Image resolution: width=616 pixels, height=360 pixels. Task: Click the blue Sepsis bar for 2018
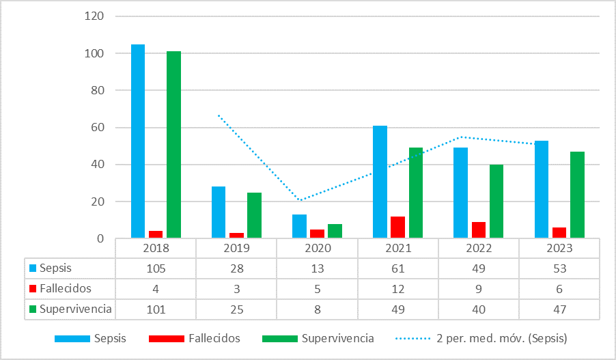[138, 141]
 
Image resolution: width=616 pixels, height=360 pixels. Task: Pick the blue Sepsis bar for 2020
[299, 226]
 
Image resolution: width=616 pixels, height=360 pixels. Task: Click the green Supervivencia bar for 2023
[577, 195]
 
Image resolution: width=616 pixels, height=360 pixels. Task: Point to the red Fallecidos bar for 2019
[236, 236]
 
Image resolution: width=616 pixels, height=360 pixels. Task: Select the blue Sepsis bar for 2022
[461, 193]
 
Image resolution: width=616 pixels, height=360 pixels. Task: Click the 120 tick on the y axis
[94, 16]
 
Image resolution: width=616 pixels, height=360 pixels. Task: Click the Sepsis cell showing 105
[156, 268]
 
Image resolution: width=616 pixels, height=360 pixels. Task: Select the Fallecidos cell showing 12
[398, 288]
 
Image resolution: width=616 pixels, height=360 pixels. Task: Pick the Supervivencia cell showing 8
[317, 309]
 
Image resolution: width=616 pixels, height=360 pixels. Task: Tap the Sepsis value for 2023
[559, 268]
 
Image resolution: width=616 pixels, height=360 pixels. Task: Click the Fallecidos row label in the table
[65, 288]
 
